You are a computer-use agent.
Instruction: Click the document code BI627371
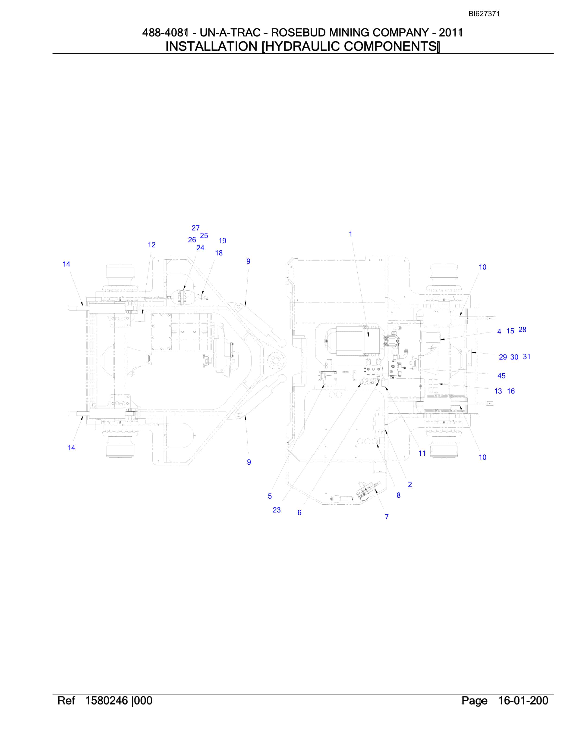coord(484,14)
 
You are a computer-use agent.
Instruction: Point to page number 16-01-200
coord(523,700)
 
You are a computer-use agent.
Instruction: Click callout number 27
coord(195,228)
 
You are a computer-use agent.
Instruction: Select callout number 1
coord(350,234)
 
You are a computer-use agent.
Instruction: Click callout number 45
coord(501,376)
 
